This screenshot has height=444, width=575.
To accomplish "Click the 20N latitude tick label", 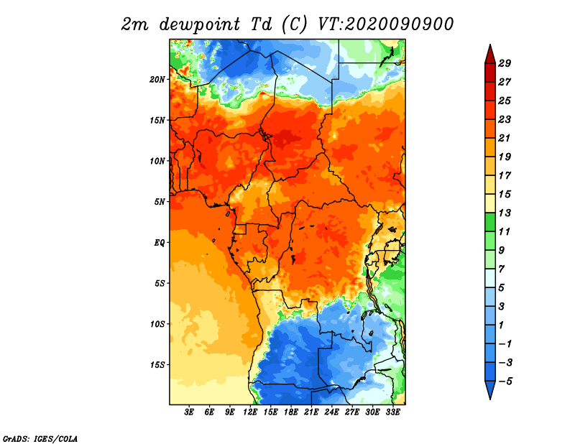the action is pyautogui.click(x=157, y=80).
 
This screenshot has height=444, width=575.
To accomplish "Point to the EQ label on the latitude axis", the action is pyautogui.click(x=160, y=243).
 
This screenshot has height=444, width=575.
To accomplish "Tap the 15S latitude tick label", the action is pyautogui.click(x=157, y=365).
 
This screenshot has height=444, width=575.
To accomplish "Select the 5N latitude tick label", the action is pyautogui.click(x=160, y=202).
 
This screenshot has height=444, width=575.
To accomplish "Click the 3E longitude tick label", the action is pyautogui.click(x=189, y=412).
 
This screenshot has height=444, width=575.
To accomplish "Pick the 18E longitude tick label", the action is pyautogui.click(x=291, y=412).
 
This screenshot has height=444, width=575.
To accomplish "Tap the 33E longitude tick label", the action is pyautogui.click(x=392, y=412).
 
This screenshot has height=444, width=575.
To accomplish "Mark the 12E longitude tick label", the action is pyautogui.click(x=250, y=412).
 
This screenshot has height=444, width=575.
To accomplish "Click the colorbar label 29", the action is pyautogui.click(x=505, y=63).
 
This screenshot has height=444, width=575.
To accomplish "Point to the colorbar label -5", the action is pyautogui.click(x=506, y=381).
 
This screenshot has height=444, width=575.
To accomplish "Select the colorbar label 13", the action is pyautogui.click(x=505, y=213).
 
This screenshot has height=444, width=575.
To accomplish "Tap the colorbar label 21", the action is pyautogui.click(x=505, y=138).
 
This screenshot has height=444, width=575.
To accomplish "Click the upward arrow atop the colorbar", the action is pyautogui.click(x=490, y=55).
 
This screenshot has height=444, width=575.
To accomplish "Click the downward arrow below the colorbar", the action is pyautogui.click(x=490, y=389).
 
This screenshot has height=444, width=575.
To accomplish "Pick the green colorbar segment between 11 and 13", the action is pyautogui.click(x=490, y=222).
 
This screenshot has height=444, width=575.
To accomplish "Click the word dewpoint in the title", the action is pyautogui.click(x=200, y=25).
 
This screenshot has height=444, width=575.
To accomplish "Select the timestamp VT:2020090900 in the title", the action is pyautogui.click(x=386, y=24).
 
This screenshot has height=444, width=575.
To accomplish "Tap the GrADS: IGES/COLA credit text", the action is pyautogui.click(x=40, y=439).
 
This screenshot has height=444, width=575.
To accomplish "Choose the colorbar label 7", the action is pyautogui.click(x=502, y=269).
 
